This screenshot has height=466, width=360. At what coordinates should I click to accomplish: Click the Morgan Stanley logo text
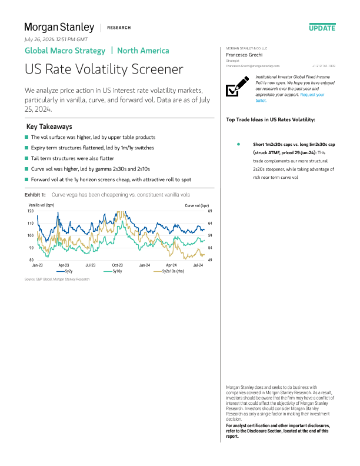59,27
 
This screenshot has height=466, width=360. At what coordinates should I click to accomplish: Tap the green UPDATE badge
322,28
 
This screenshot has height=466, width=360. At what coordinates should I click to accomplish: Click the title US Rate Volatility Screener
104,69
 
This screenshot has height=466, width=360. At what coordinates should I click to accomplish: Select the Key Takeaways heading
49,127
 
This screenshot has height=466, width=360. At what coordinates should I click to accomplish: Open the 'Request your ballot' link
312,95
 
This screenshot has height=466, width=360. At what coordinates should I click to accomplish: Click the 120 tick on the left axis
29,211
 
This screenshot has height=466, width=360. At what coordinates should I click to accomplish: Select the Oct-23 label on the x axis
117,265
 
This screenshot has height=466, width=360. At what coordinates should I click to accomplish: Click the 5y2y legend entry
65,272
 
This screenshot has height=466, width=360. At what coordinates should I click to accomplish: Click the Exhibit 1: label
35,194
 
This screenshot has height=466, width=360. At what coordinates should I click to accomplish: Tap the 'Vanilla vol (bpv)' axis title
41,205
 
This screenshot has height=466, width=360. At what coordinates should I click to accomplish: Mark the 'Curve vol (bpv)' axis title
197,205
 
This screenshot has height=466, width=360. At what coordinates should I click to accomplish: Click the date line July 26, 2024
56,39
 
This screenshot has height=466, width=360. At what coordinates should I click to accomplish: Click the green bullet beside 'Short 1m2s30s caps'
238,144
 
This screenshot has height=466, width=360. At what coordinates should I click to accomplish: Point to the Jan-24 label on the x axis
144,265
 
